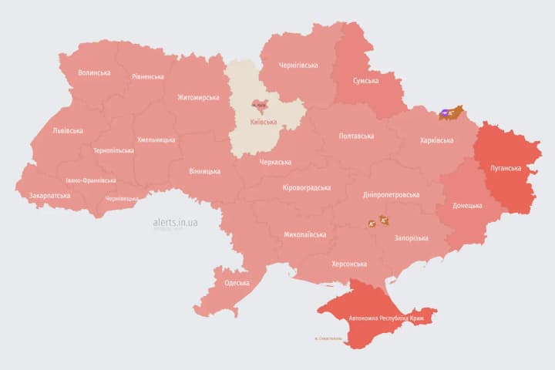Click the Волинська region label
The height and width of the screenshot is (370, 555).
94,73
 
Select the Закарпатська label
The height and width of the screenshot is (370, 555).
49,196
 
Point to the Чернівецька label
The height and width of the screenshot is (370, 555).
122,198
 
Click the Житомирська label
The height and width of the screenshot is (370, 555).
198,98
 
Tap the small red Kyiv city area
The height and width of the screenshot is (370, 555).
257,106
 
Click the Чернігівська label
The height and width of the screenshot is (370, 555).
298,66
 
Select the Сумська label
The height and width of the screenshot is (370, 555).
365,81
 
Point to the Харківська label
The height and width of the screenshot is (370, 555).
437,140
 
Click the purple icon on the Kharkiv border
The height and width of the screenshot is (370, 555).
446,113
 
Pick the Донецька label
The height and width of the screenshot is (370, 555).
467,206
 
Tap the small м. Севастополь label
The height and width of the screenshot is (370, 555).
328,338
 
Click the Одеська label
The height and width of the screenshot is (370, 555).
237,283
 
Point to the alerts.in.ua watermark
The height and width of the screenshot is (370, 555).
175,222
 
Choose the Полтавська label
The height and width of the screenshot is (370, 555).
357,136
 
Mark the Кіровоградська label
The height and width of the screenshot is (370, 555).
306,188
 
